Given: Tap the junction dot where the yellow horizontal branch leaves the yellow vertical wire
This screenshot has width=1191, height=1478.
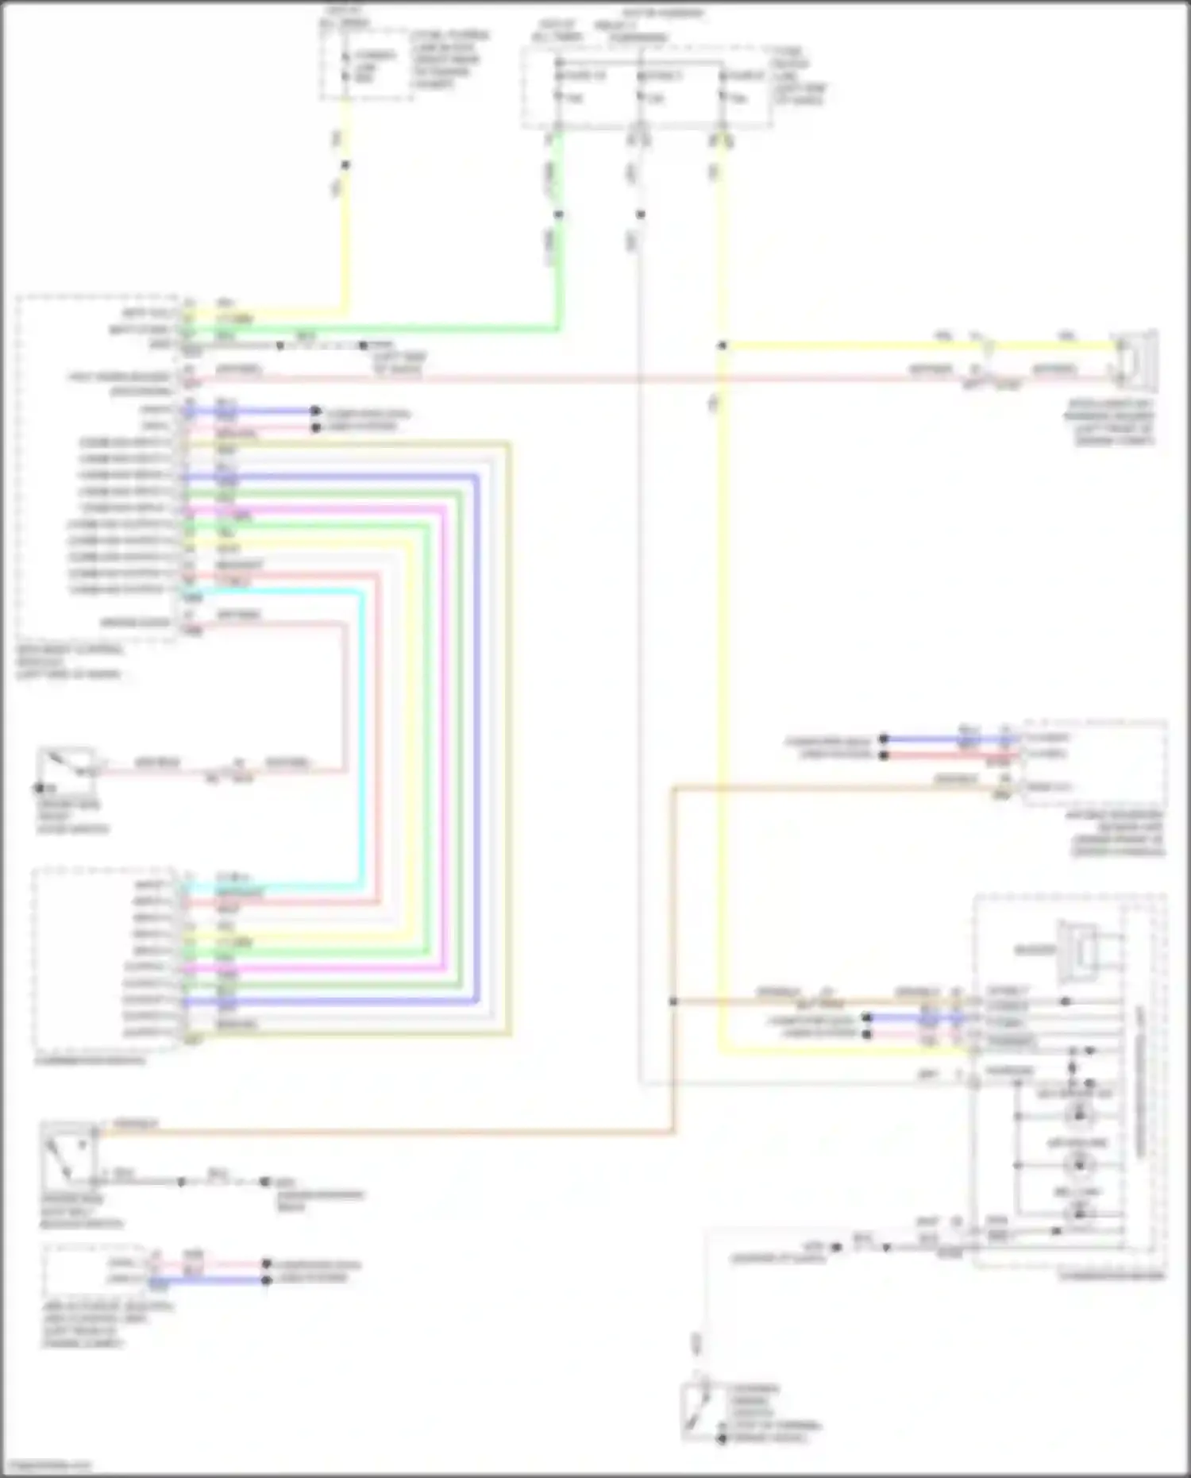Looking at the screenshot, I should click(x=722, y=345).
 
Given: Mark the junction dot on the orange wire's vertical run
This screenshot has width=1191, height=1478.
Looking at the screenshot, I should click(x=673, y=1001).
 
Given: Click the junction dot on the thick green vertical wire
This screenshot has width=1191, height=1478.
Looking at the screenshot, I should click(x=558, y=214).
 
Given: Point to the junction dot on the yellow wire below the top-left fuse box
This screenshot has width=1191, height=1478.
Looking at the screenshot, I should click(x=345, y=165).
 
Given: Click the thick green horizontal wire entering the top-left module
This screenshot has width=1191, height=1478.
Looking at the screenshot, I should click(x=397, y=328).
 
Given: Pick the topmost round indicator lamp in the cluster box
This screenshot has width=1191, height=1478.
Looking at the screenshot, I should click(x=1077, y=1114).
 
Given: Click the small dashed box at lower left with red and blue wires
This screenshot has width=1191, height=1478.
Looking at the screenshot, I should click(x=95, y=1270).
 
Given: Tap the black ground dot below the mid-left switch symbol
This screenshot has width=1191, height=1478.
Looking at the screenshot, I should click(x=39, y=788).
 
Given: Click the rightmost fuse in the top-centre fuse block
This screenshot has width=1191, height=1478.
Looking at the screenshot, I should click(x=723, y=87).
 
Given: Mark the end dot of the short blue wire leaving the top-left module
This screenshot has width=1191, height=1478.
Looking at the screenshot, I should click(x=315, y=411).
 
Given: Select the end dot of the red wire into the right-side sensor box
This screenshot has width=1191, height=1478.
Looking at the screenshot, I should click(x=883, y=754).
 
